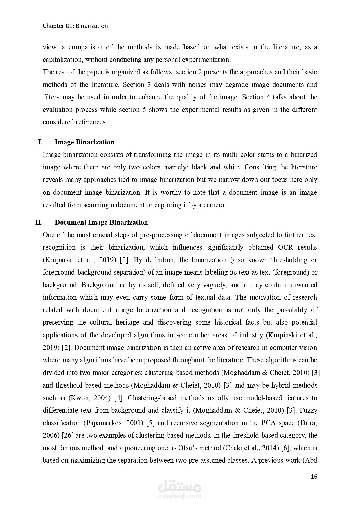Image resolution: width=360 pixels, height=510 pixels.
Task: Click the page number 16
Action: [x=314, y=476]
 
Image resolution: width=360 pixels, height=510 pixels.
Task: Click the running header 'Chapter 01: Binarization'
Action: [x=75, y=26]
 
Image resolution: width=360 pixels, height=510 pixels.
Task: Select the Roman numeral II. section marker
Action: [x=39, y=222]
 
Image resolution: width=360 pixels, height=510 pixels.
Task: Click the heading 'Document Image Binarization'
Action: [x=101, y=222]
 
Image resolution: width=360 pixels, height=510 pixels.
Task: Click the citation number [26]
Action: [x=68, y=435]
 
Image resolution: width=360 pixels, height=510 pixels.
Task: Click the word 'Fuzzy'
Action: [x=309, y=410]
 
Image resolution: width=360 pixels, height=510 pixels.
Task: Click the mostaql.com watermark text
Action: [x=180, y=496]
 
